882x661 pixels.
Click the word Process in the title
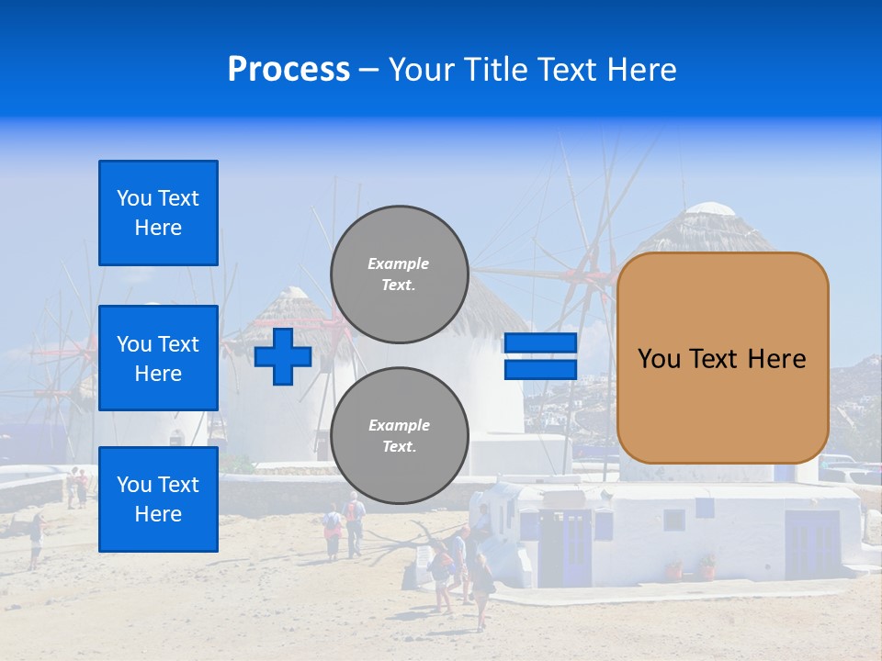pos(288,70)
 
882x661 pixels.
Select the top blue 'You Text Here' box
pos(158,213)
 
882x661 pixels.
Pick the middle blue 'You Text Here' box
pos(158,358)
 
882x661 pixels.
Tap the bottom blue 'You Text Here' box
pos(158,499)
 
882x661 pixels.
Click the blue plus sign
pos(283,356)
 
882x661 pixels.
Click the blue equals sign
pos(540,356)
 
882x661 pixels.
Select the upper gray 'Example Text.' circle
pos(399,274)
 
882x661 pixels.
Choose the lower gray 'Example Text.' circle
pos(399,436)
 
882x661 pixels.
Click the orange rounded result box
pos(722,358)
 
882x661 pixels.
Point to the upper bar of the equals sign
pos(540,343)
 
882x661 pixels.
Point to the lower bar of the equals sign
pos(540,369)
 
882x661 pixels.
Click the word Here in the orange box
pos(776,359)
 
